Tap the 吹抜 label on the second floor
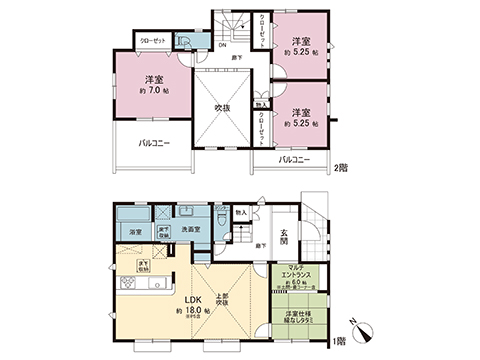point(221,105)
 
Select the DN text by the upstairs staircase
point(222,45)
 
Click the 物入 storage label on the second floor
point(261,103)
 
